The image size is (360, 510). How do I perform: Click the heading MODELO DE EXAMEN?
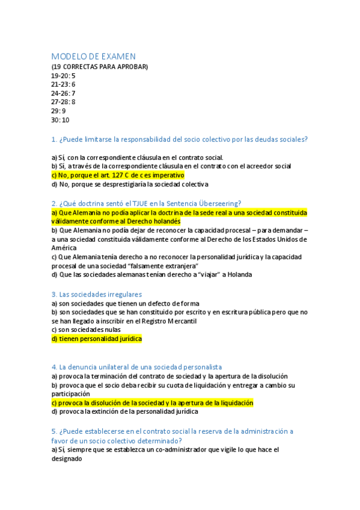[x=93, y=57]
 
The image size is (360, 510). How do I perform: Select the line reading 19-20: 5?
[x=64, y=76]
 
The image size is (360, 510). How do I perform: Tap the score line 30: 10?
[x=61, y=120]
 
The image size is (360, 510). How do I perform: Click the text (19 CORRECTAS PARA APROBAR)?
[x=100, y=67]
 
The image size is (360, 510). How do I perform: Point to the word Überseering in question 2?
[x=220, y=203]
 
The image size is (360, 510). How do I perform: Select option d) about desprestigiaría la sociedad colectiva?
[x=130, y=184]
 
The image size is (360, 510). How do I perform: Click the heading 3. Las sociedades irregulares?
[x=97, y=294]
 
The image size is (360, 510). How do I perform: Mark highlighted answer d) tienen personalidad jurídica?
[x=97, y=339]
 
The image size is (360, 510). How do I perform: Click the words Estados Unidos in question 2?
[x=284, y=239]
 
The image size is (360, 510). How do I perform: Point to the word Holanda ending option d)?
[x=239, y=274]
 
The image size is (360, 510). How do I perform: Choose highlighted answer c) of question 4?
[x=153, y=403]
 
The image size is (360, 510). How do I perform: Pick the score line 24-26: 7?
[x=64, y=93]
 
